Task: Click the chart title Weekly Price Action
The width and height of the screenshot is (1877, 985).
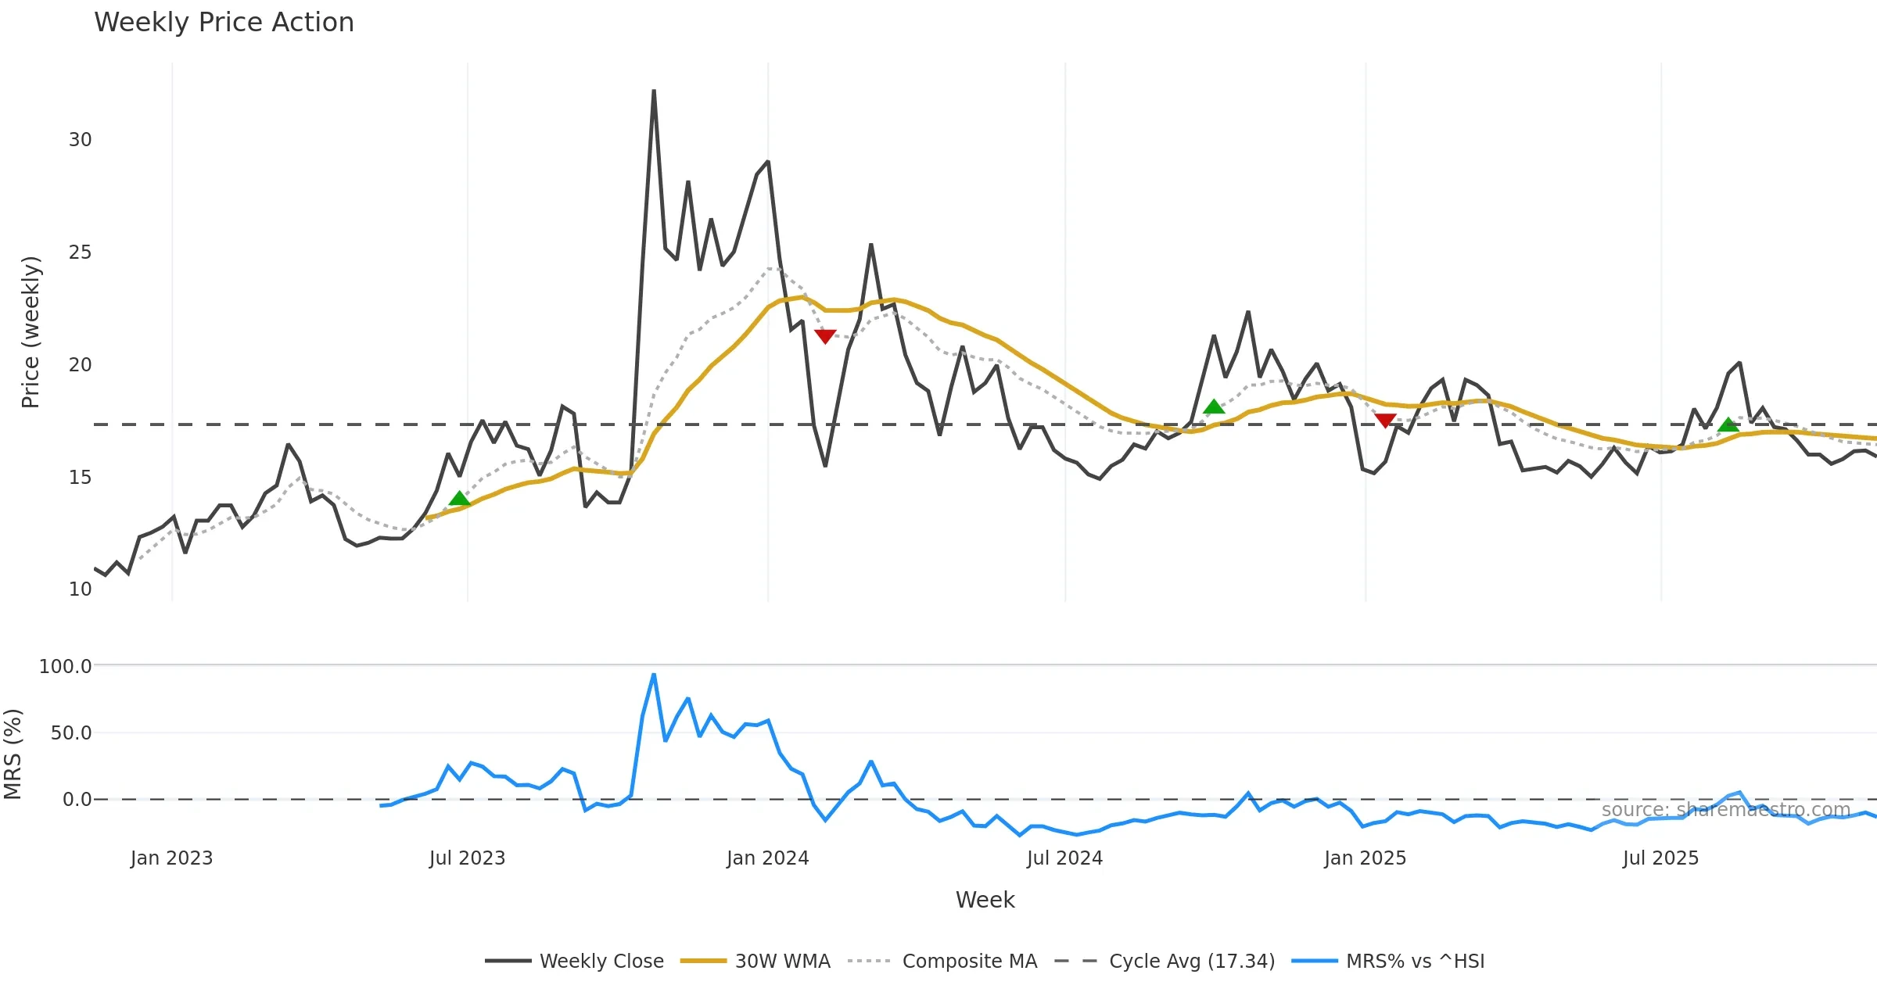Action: point(224,23)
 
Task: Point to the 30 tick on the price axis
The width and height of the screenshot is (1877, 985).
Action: point(80,140)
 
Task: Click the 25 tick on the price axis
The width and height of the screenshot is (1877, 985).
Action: point(80,253)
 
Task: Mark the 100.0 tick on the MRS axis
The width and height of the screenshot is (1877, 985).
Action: point(66,666)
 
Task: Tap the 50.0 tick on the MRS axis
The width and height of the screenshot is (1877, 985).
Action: point(71,733)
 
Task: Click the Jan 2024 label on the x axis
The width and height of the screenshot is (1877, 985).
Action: point(767,858)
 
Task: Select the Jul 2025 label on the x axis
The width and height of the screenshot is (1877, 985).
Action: point(1660,858)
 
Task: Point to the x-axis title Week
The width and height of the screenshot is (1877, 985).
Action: point(985,900)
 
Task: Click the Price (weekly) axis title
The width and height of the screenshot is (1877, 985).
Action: point(31,332)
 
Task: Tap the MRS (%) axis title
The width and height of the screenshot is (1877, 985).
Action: point(13,754)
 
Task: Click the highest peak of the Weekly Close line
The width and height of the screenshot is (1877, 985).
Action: point(654,91)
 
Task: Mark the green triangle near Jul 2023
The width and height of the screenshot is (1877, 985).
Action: point(460,499)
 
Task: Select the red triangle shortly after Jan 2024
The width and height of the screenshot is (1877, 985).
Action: point(825,336)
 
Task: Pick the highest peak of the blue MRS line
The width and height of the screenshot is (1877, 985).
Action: point(654,675)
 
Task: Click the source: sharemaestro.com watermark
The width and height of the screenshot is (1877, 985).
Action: point(1726,810)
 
